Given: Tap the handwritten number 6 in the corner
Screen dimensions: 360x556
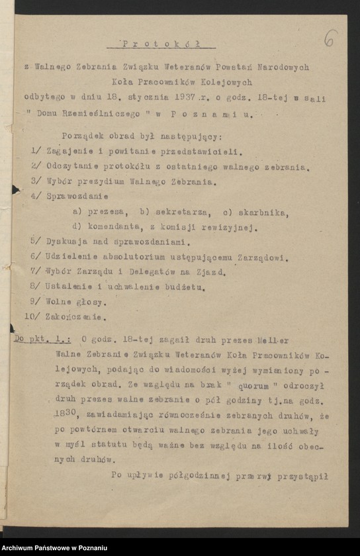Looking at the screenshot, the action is (330, 38).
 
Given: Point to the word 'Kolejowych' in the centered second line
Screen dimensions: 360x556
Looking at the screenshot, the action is (224, 82).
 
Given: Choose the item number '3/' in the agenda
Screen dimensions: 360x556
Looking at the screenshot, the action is (36, 181).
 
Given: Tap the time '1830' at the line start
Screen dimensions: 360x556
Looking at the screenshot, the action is (66, 415).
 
